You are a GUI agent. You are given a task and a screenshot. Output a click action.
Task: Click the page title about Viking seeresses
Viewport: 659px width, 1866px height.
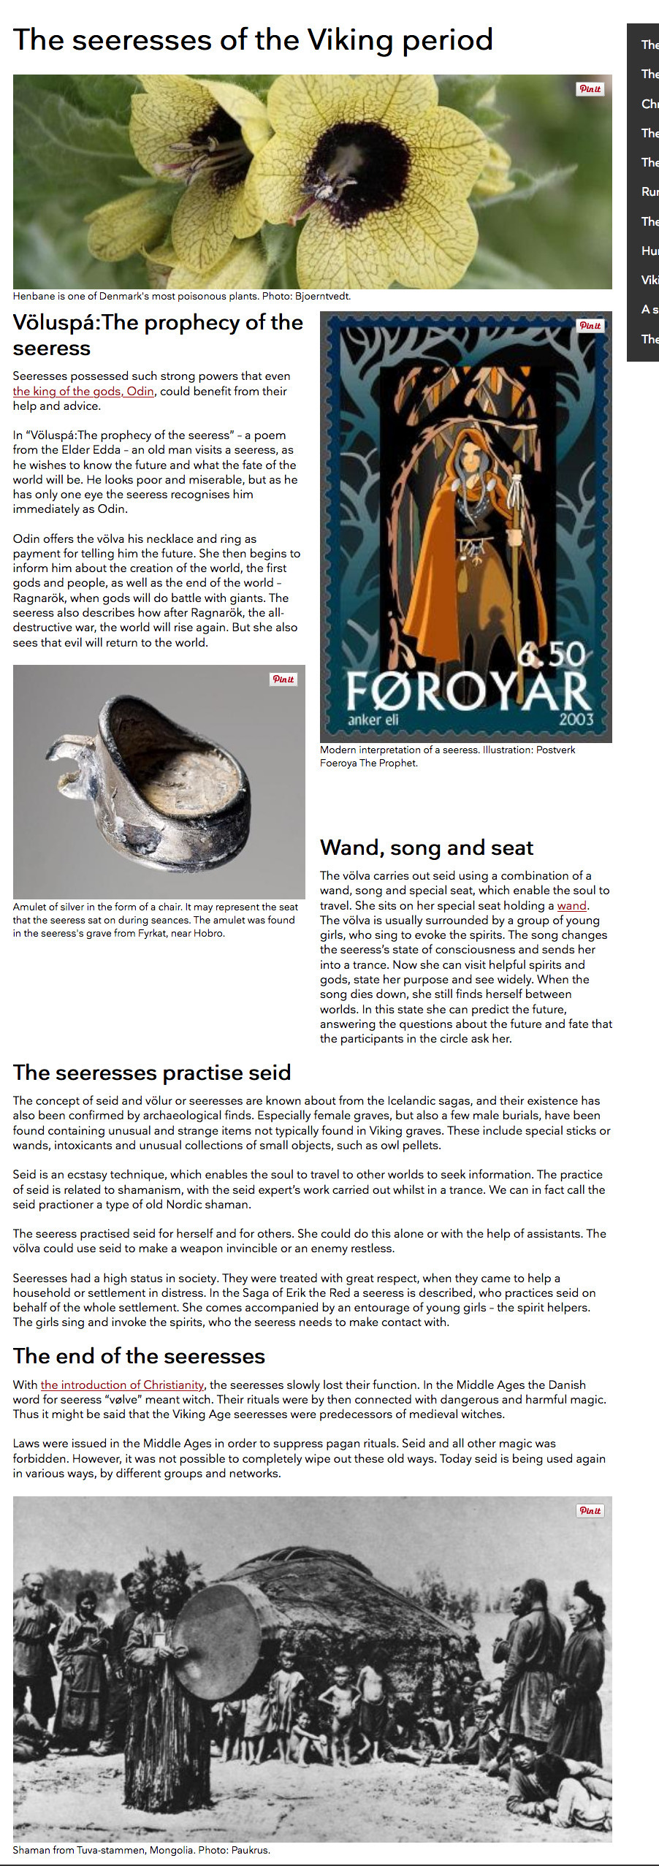(x=253, y=40)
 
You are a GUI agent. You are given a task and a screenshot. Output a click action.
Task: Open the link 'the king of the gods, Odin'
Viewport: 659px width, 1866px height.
(x=83, y=392)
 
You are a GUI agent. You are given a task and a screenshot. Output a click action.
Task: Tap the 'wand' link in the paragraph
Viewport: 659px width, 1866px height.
(x=571, y=906)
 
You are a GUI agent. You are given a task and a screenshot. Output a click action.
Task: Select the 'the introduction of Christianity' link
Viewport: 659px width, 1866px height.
(x=122, y=1385)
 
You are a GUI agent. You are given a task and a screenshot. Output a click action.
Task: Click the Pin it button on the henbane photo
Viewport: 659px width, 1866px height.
(x=590, y=89)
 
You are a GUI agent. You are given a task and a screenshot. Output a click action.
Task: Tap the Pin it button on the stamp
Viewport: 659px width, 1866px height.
(x=590, y=326)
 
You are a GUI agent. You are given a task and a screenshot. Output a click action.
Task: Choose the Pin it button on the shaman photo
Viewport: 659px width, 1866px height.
(x=590, y=1511)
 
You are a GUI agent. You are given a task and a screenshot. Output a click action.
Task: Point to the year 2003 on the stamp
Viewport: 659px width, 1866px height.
(x=576, y=719)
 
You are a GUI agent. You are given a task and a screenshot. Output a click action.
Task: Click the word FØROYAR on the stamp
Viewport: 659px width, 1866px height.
(x=467, y=690)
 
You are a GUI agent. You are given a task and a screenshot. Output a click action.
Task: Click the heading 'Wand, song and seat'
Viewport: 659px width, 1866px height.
(x=427, y=848)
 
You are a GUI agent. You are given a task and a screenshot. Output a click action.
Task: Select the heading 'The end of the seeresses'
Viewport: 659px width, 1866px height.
(x=139, y=1356)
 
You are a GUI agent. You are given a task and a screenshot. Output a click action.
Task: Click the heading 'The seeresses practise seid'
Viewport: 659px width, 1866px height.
(x=152, y=1073)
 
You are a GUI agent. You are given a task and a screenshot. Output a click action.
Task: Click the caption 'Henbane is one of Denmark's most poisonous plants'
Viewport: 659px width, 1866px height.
(x=181, y=297)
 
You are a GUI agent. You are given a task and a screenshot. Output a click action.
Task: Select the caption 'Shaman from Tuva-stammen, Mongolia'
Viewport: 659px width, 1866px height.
(x=141, y=1850)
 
